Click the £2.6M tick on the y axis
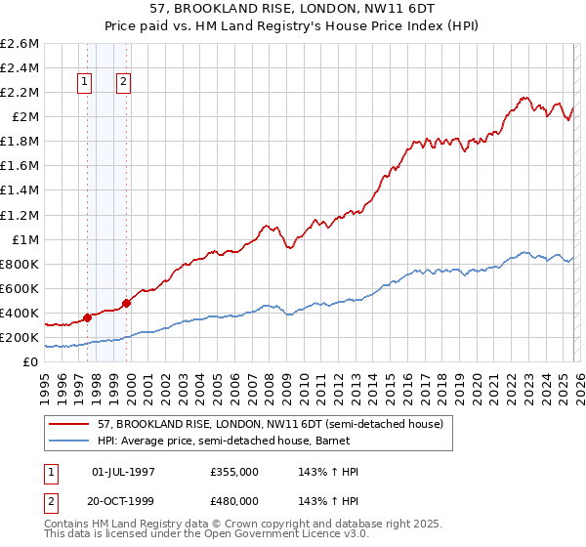coord(21,44)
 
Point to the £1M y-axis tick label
coord(23,239)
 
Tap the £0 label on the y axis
coord(31,362)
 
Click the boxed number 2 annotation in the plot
coord(124,83)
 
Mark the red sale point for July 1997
coord(87,317)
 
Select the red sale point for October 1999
coord(126,303)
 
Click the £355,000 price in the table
coord(234,472)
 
